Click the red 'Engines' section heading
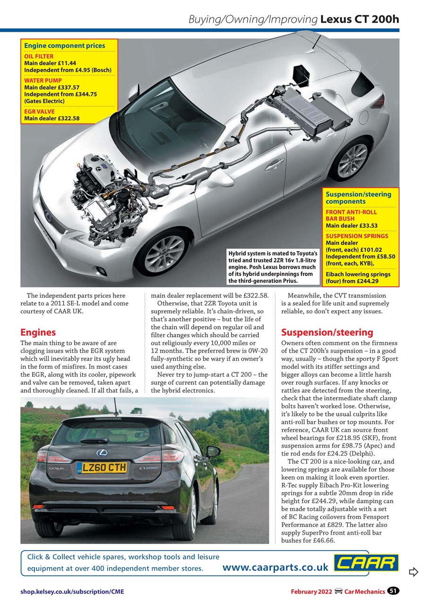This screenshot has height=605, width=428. coord(38,332)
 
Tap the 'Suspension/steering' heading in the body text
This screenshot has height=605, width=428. coord(327,332)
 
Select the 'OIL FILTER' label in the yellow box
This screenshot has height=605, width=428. coord(39,56)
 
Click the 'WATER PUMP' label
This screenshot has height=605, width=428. coord(43,80)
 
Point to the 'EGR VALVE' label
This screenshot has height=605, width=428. coord(39,112)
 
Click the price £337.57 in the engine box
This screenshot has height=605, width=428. coord(67,87)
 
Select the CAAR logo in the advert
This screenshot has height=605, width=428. coord(366,563)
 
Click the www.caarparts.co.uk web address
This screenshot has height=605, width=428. coord(275,567)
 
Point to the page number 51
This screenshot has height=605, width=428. coord(393,591)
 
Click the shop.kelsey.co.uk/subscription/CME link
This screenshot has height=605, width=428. coord(72,591)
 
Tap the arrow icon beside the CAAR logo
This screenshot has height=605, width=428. coord(413,572)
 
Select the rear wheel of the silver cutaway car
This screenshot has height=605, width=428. coord(352,159)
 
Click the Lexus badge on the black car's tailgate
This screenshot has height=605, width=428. coord(102,453)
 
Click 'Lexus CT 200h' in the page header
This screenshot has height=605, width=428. coord(360,19)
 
